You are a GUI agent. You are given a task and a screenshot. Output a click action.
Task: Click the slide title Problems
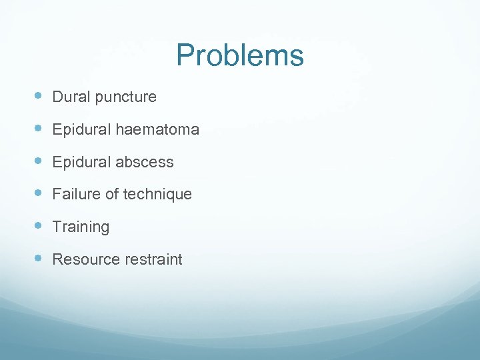point(240,55)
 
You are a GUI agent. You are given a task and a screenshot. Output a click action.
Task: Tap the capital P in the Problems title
point(185,55)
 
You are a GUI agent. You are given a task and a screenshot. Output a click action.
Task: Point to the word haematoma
point(157,129)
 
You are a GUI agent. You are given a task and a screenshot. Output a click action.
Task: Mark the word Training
point(81,227)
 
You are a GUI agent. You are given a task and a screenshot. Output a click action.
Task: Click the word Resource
point(84,259)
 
